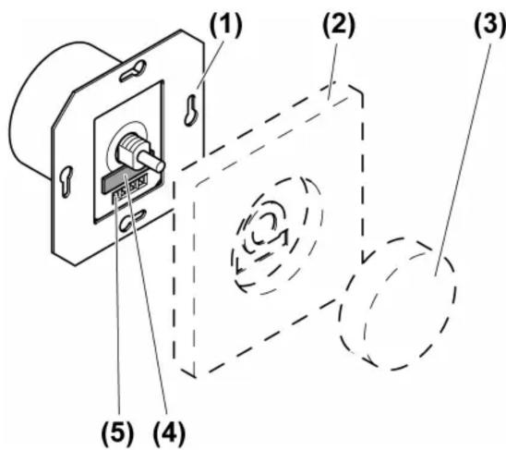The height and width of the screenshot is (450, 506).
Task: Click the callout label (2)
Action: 339,25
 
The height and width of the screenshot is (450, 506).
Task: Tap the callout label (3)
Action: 490,25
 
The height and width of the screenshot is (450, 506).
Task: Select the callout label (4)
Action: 169,432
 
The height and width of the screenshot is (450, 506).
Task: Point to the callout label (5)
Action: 117,432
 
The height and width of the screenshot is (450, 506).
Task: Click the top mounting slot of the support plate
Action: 133,71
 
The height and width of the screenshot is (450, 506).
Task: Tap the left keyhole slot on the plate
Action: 67,181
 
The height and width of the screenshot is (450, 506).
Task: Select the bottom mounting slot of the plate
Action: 133,220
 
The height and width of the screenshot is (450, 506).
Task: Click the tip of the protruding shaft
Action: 160,166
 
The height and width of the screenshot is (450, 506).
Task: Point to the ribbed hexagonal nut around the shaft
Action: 130,150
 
